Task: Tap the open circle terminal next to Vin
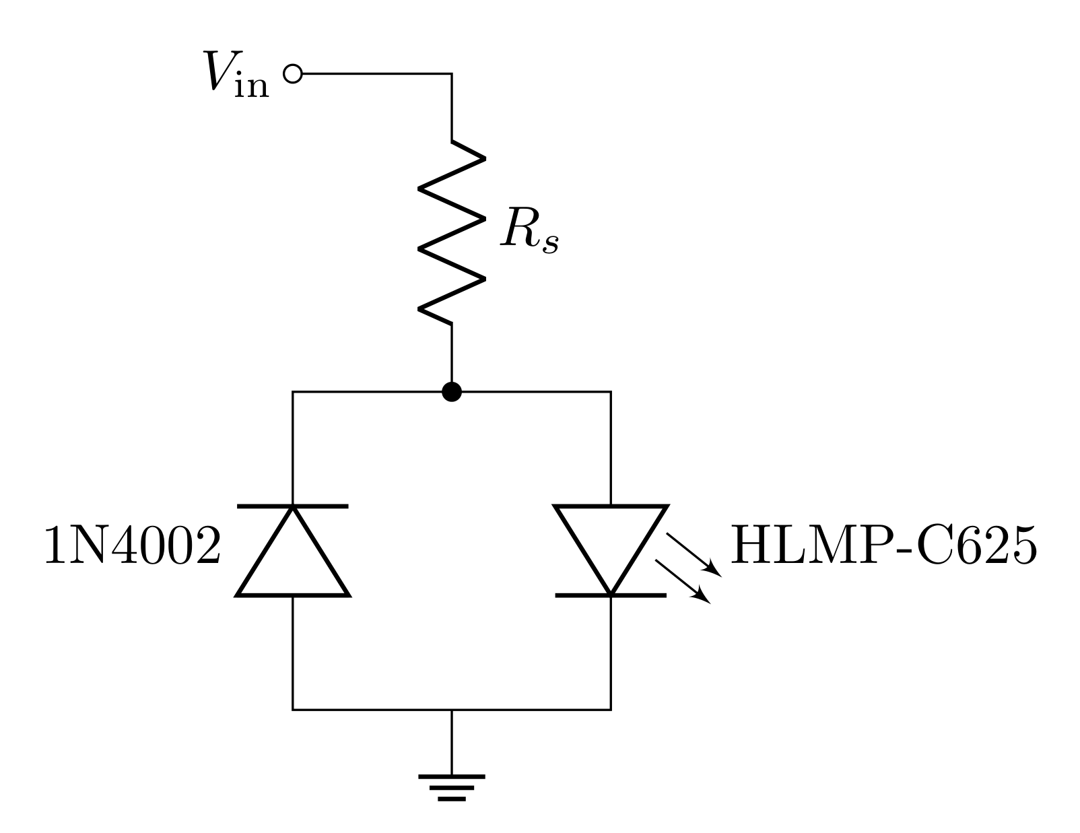click(292, 73)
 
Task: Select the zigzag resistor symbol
click(451, 232)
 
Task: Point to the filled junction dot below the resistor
click(451, 391)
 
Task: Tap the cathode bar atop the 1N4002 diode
click(293, 505)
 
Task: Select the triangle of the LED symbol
click(611, 542)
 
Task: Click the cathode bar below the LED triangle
click(611, 595)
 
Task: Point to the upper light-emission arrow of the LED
click(694, 555)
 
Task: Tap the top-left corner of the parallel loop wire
click(293, 391)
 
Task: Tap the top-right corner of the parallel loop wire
click(611, 391)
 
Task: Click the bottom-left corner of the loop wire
click(293, 709)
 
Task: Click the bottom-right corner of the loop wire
click(611, 709)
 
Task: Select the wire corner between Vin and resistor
click(451, 73)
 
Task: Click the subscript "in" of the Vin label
click(252, 86)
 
